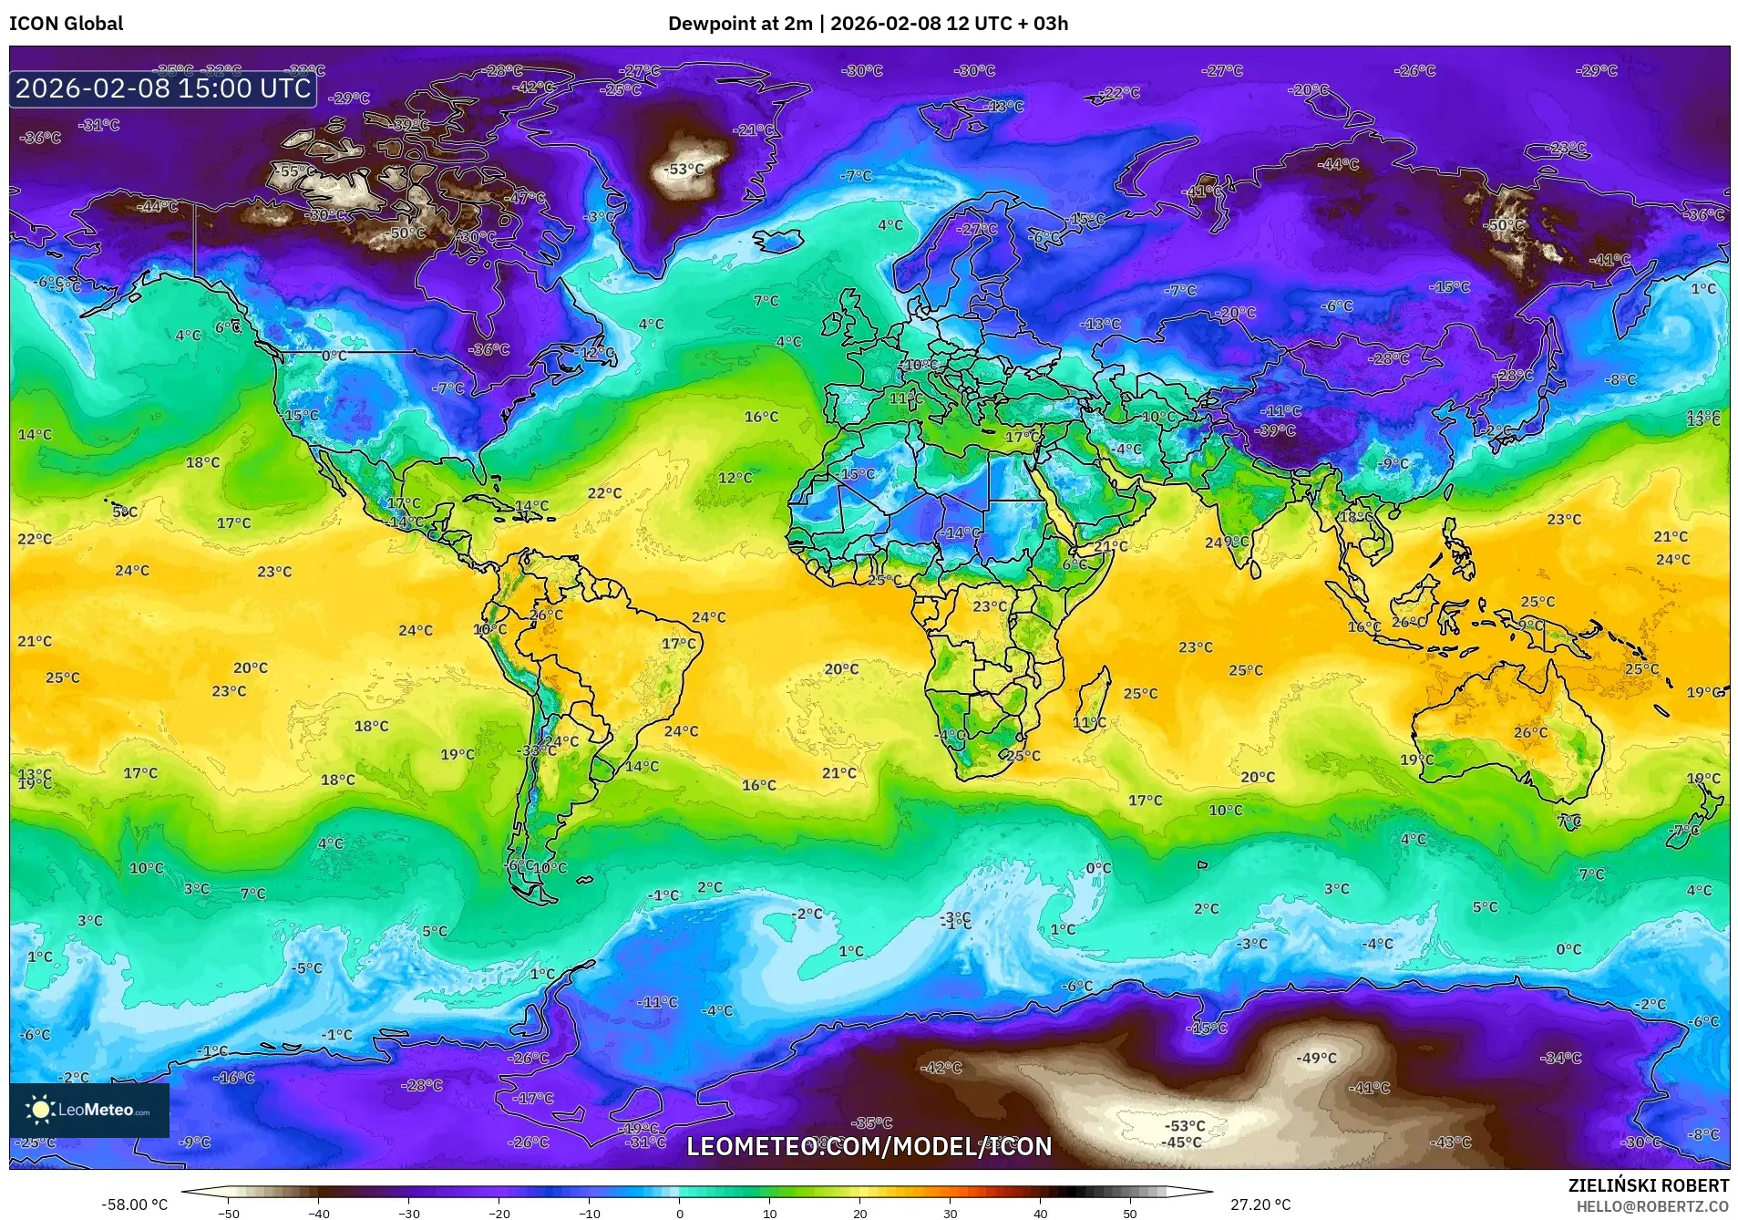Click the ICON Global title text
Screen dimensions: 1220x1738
pos(66,24)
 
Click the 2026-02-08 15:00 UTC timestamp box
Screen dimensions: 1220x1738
pos(163,88)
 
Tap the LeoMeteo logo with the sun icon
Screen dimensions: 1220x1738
pos(88,1110)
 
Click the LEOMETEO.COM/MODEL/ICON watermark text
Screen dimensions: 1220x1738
pos(869,1146)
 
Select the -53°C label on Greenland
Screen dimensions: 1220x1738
pos(684,170)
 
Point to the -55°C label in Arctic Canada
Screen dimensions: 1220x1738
pos(295,171)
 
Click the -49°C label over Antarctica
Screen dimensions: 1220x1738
pos(1316,1058)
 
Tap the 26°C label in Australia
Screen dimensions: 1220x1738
pos(1530,732)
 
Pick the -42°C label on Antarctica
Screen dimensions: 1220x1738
pos(941,1067)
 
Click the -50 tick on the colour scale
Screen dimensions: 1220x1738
pos(229,1213)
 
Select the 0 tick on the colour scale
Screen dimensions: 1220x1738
pos(679,1213)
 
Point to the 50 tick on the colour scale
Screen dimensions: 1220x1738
pos(1129,1213)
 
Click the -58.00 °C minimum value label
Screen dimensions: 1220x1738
pos(134,1204)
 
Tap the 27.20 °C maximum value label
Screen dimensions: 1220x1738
pos(1260,1204)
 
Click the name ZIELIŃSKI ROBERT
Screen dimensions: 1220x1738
pos(1648,1185)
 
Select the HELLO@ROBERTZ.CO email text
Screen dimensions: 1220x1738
pos(1652,1206)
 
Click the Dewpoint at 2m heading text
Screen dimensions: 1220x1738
pos(739,24)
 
